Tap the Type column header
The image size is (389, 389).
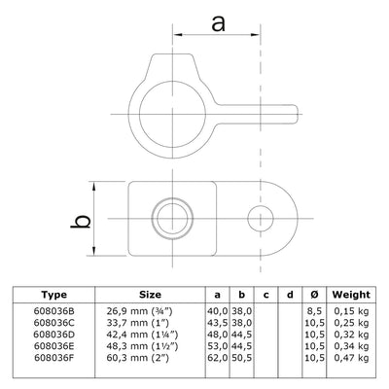55,294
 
